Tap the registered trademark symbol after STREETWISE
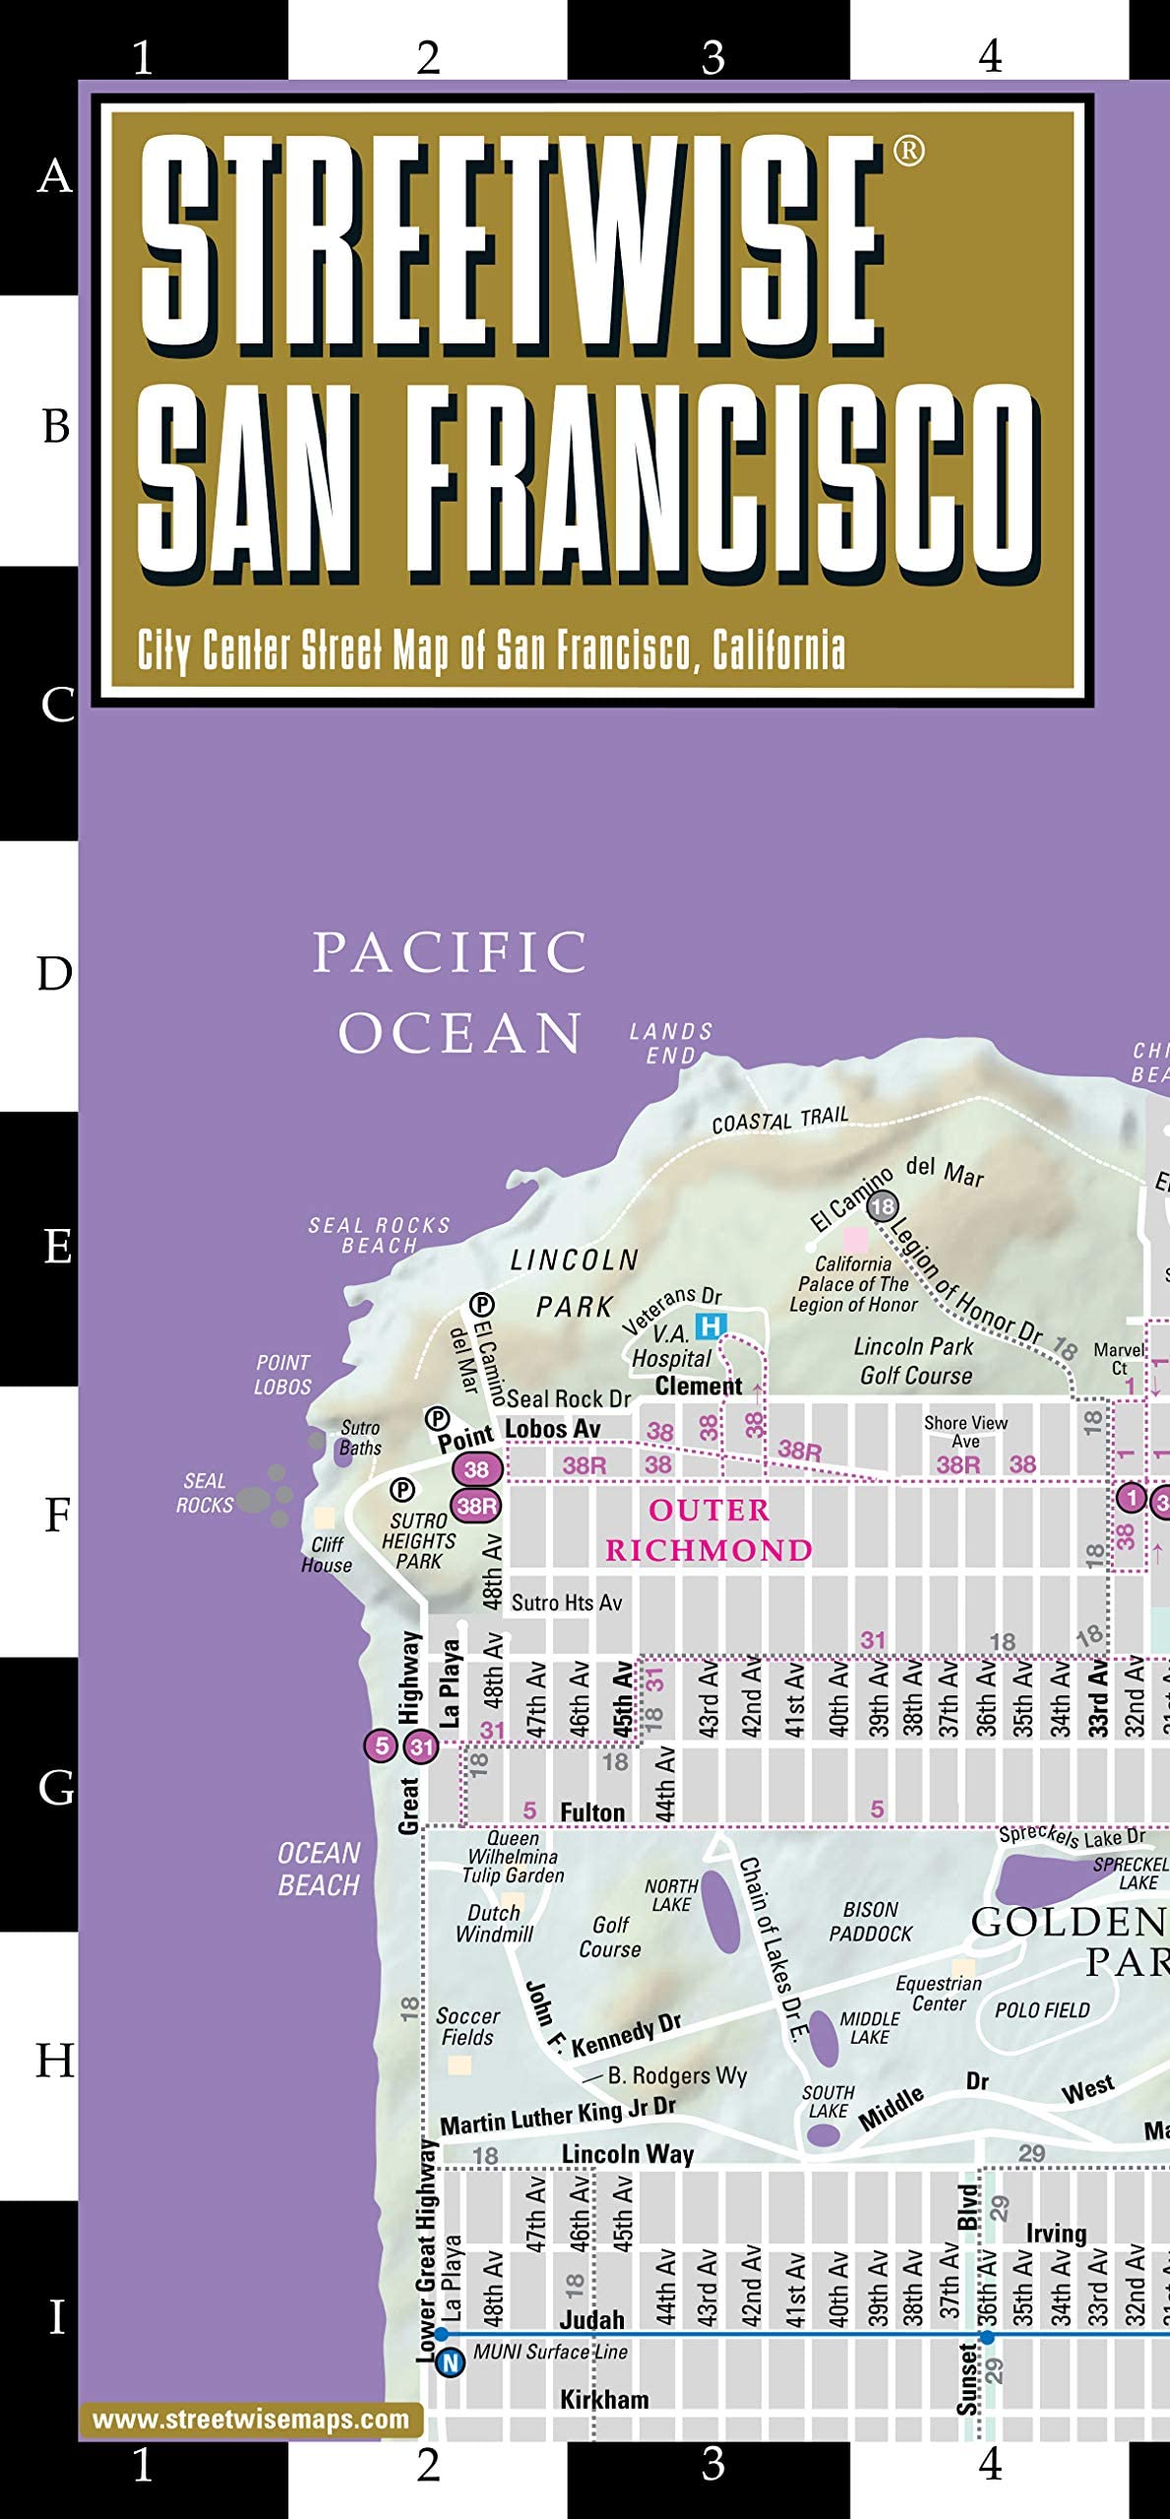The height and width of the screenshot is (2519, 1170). (908, 151)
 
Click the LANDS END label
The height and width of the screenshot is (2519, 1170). (671, 1043)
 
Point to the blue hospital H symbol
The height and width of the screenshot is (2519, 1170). (710, 1326)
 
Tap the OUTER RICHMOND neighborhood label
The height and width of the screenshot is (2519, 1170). (708, 1530)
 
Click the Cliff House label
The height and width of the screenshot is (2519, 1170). (327, 1555)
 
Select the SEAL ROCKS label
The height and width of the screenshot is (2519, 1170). (205, 1493)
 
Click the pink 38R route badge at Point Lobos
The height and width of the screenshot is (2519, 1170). (476, 1505)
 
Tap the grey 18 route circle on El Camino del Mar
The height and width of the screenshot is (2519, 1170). (883, 1206)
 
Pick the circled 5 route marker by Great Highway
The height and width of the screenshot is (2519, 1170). (381, 1746)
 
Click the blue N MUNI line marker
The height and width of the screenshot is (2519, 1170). (450, 2362)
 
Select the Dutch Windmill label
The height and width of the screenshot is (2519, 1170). (494, 1923)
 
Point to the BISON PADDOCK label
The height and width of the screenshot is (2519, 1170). (871, 1921)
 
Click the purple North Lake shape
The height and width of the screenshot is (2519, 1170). (724, 1912)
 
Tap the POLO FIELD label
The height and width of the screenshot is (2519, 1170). (1042, 2010)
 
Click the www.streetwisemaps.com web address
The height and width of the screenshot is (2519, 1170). (250, 2420)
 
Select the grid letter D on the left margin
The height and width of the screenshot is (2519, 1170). (54, 974)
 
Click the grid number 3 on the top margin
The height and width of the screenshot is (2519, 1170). (712, 57)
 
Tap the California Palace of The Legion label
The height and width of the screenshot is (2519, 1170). (853, 1284)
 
